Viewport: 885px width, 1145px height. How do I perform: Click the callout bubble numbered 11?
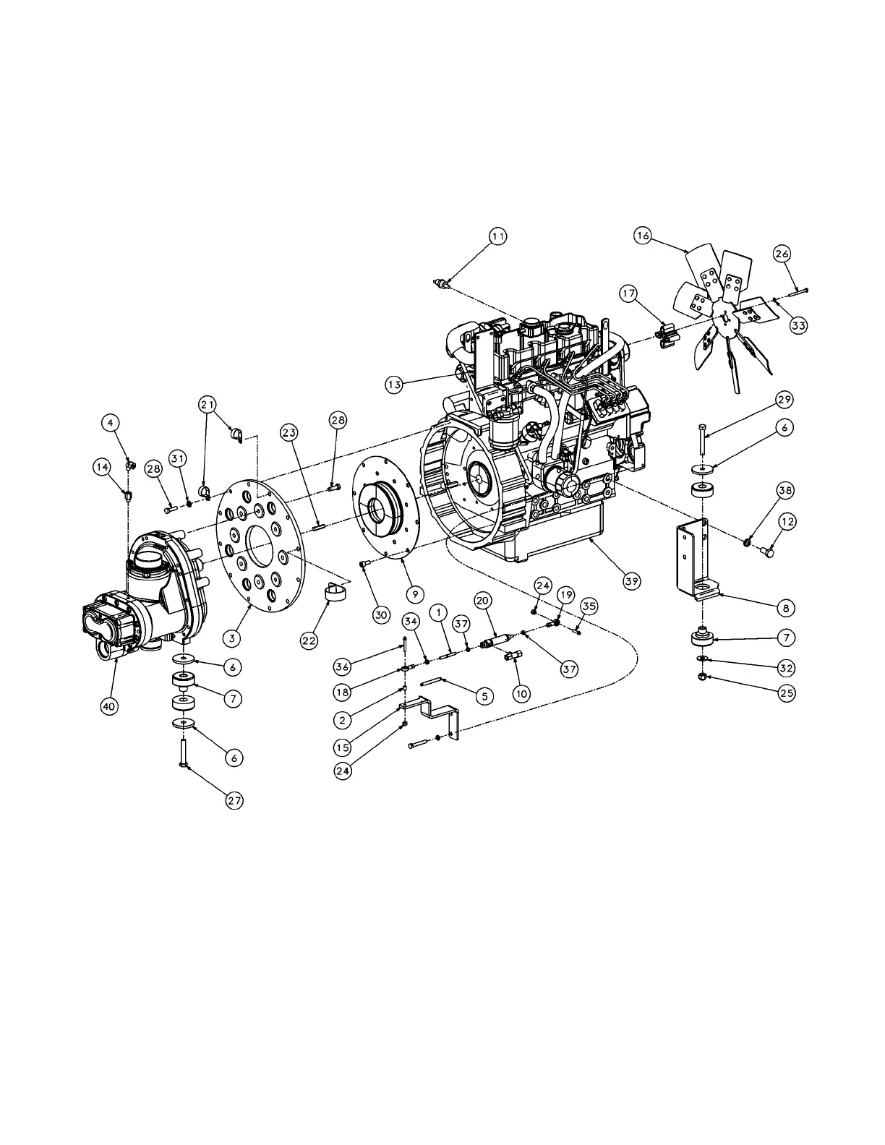(497, 236)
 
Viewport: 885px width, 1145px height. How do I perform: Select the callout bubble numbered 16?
(644, 236)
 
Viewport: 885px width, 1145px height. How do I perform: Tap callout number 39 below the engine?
(632, 580)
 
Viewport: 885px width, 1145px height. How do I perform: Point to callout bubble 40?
(108, 706)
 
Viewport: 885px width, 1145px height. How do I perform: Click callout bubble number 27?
(234, 800)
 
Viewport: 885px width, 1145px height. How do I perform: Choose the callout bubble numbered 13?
(393, 385)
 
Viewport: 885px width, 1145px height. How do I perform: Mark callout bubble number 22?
(309, 640)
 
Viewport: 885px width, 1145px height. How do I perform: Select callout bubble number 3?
(231, 638)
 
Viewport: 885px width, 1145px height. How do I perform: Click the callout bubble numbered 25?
(786, 692)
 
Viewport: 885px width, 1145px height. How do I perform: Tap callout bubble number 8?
(786, 609)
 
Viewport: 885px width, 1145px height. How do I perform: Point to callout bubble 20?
(482, 599)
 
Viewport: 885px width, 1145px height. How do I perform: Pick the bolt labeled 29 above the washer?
(701, 442)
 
